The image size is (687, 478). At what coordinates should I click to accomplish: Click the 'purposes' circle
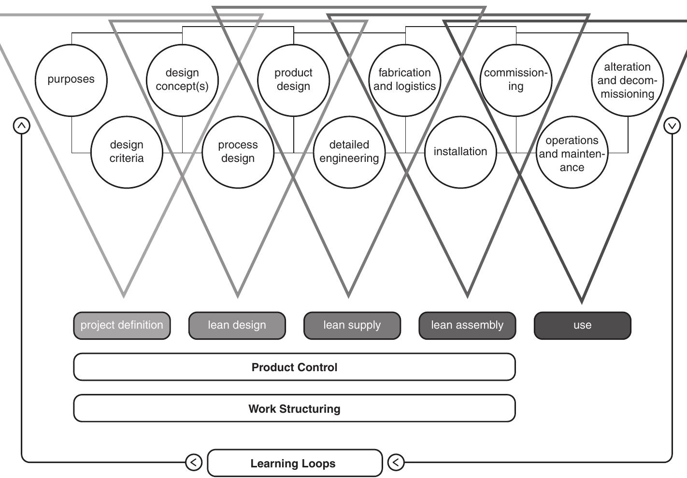click(71, 80)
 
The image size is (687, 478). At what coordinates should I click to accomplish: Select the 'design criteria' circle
click(127, 152)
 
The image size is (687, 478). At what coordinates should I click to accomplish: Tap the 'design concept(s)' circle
click(182, 80)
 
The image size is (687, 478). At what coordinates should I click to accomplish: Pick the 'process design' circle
click(238, 152)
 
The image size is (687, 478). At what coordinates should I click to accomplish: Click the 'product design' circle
click(293, 80)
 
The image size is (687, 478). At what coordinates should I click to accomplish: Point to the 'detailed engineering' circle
click(349, 152)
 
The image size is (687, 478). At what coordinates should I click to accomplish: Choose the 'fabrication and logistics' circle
click(405, 80)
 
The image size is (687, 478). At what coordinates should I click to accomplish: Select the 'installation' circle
click(460, 152)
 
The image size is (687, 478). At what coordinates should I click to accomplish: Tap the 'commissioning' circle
click(516, 80)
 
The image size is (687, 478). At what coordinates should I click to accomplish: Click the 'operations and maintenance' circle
click(572, 153)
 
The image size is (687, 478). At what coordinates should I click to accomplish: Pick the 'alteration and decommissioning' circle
click(627, 80)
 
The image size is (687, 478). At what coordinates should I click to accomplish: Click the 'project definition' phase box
click(122, 325)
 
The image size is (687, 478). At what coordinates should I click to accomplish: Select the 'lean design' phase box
click(237, 325)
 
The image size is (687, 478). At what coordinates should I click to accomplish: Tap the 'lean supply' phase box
click(352, 325)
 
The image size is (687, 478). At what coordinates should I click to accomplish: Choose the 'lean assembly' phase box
click(467, 325)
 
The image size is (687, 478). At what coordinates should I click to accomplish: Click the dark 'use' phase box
click(582, 325)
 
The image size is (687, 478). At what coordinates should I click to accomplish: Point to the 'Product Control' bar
click(294, 367)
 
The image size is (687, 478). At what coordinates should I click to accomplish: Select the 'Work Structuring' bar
click(294, 409)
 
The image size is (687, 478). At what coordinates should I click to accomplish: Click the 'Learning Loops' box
click(294, 463)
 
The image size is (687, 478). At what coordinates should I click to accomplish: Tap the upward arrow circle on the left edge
click(21, 126)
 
